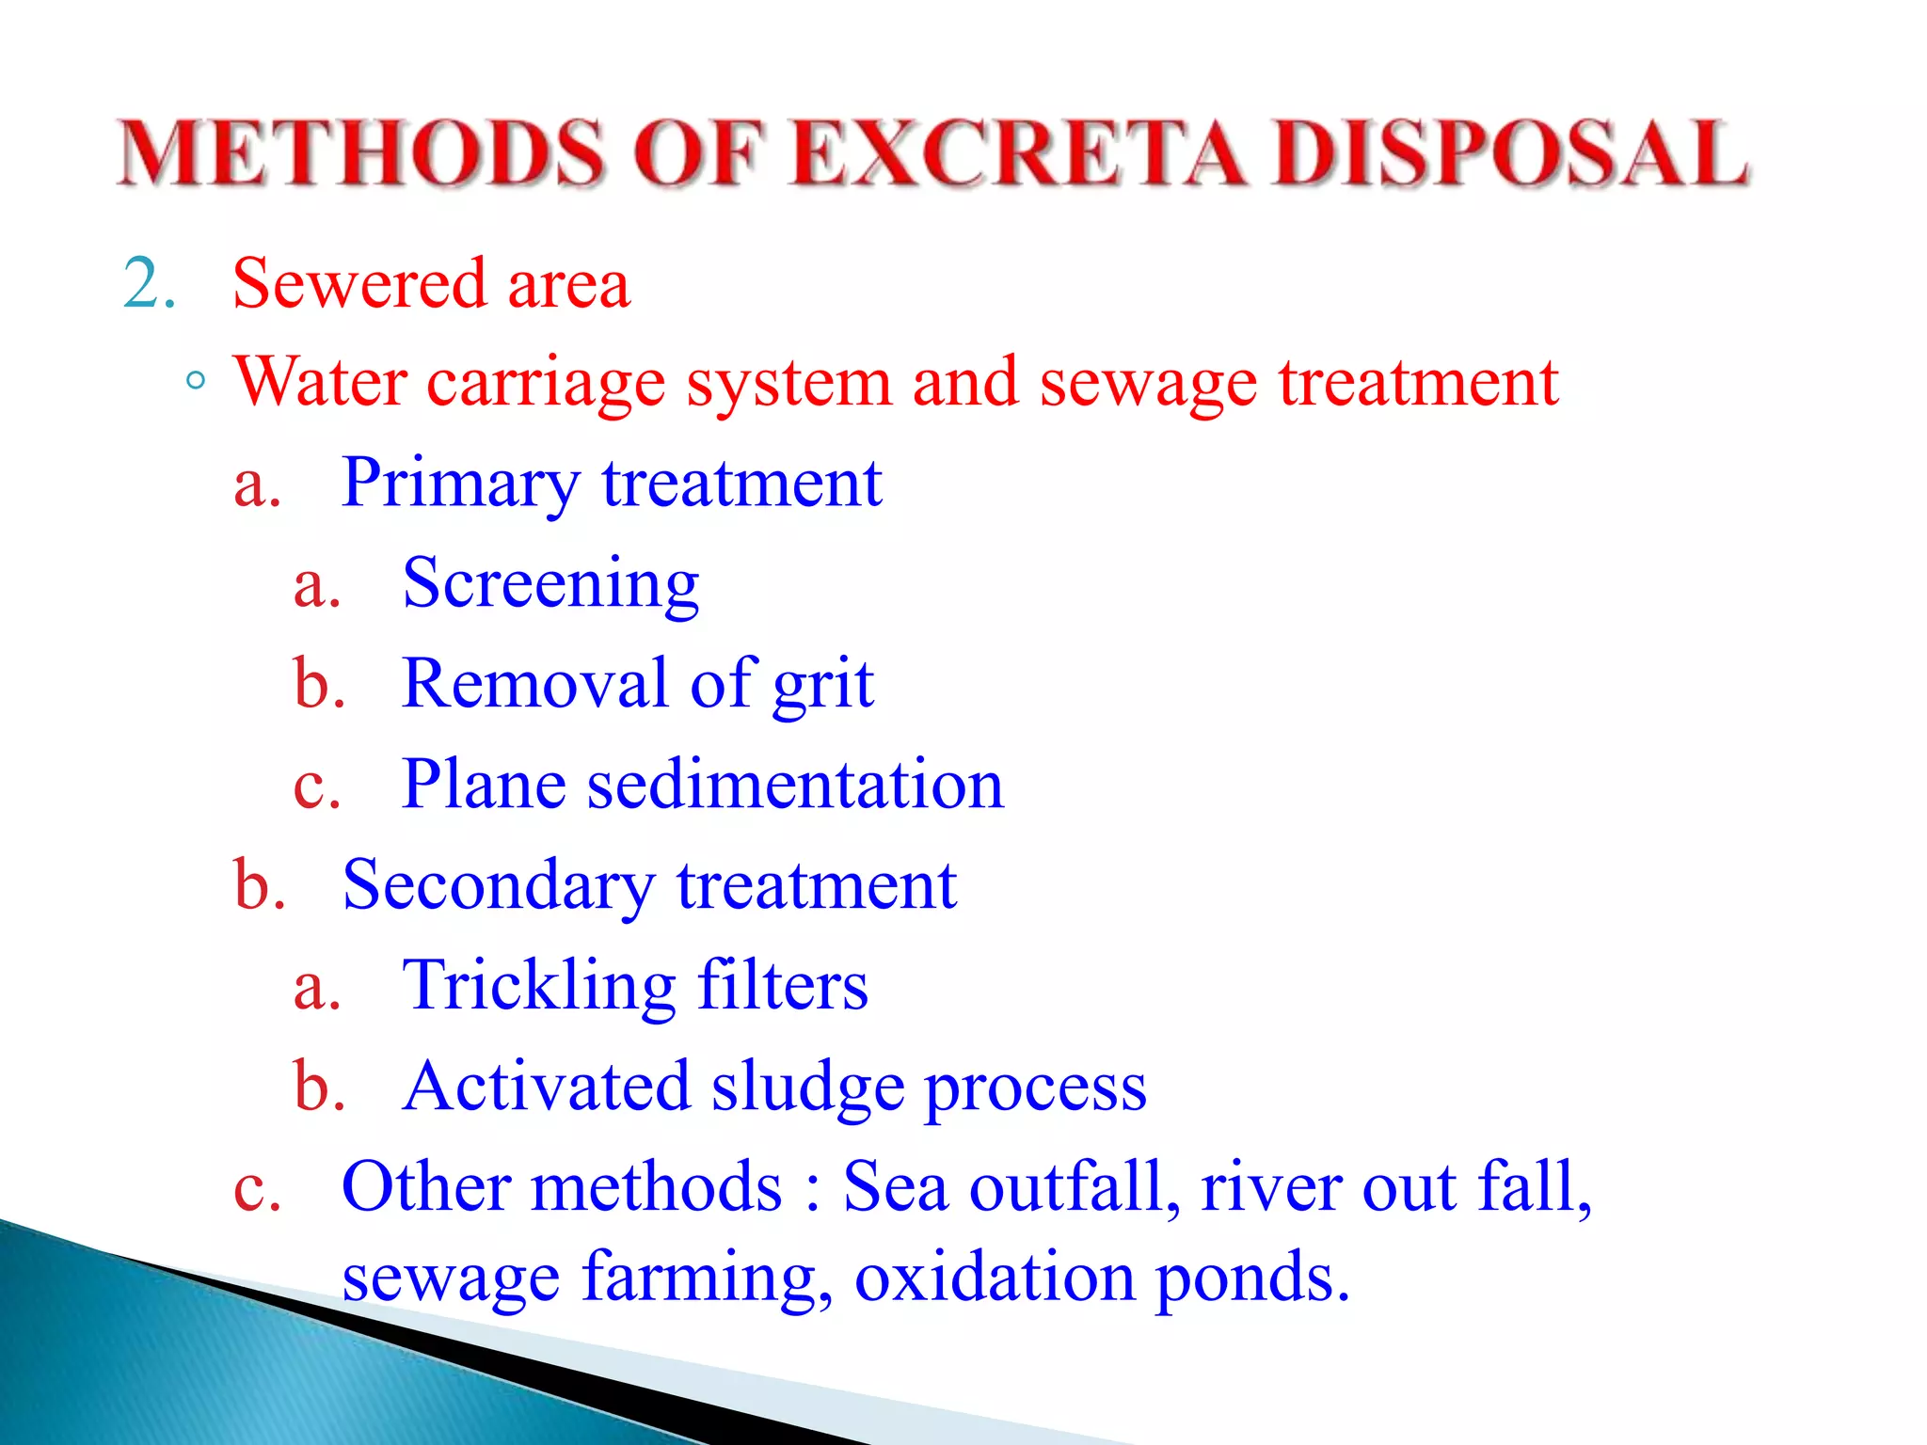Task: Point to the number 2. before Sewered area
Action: click(150, 283)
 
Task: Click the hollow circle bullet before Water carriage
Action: click(196, 382)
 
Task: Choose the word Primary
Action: click(461, 484)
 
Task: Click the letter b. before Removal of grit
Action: click(319, 683)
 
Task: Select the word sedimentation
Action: click(795, 784)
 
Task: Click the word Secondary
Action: click(499, 886)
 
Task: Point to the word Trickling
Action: click(538, 987)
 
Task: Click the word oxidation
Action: click(995, 1278)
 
